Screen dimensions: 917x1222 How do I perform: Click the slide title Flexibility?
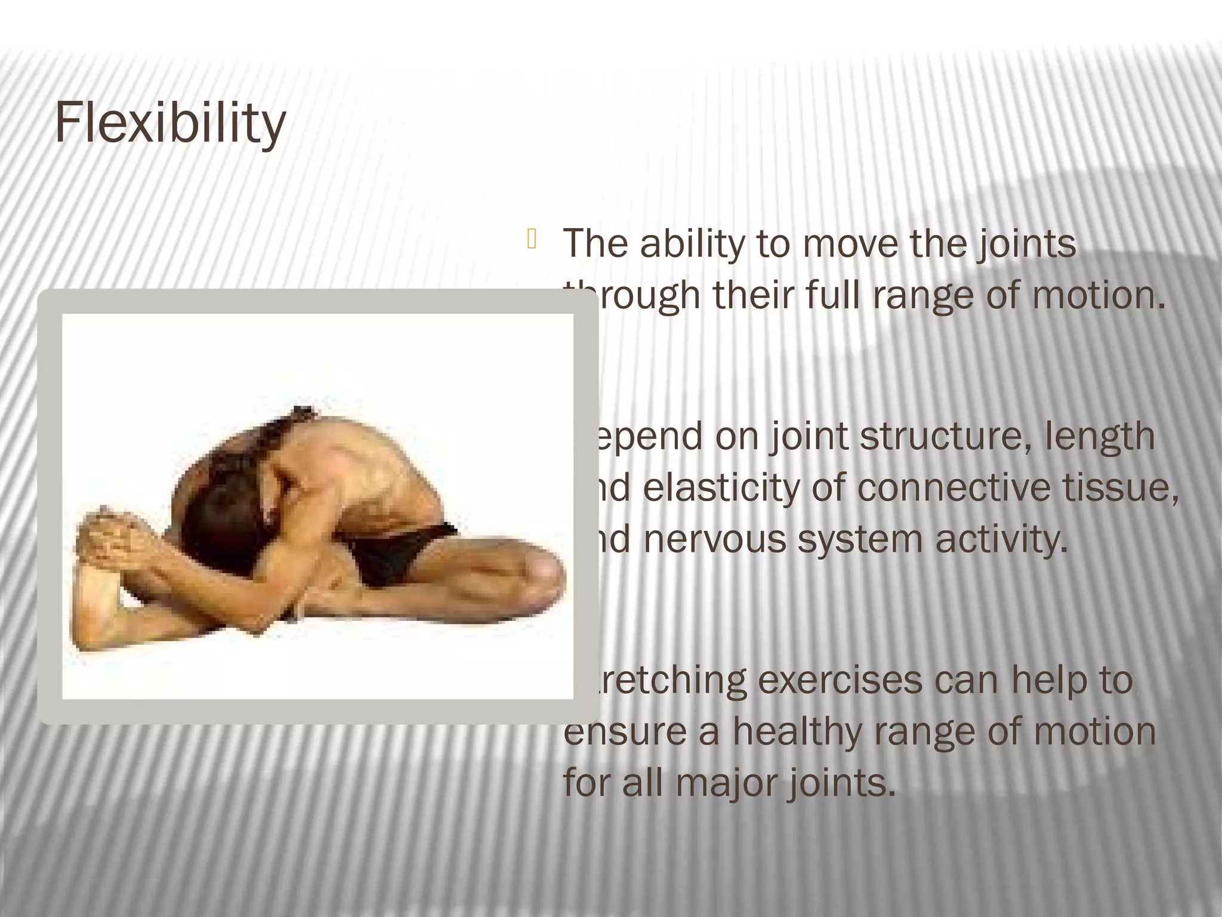click(x=170, y=123)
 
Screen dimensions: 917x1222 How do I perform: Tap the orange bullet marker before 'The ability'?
click(x=532, y=240)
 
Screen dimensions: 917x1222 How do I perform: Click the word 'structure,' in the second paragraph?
click(x=945, y=436)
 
